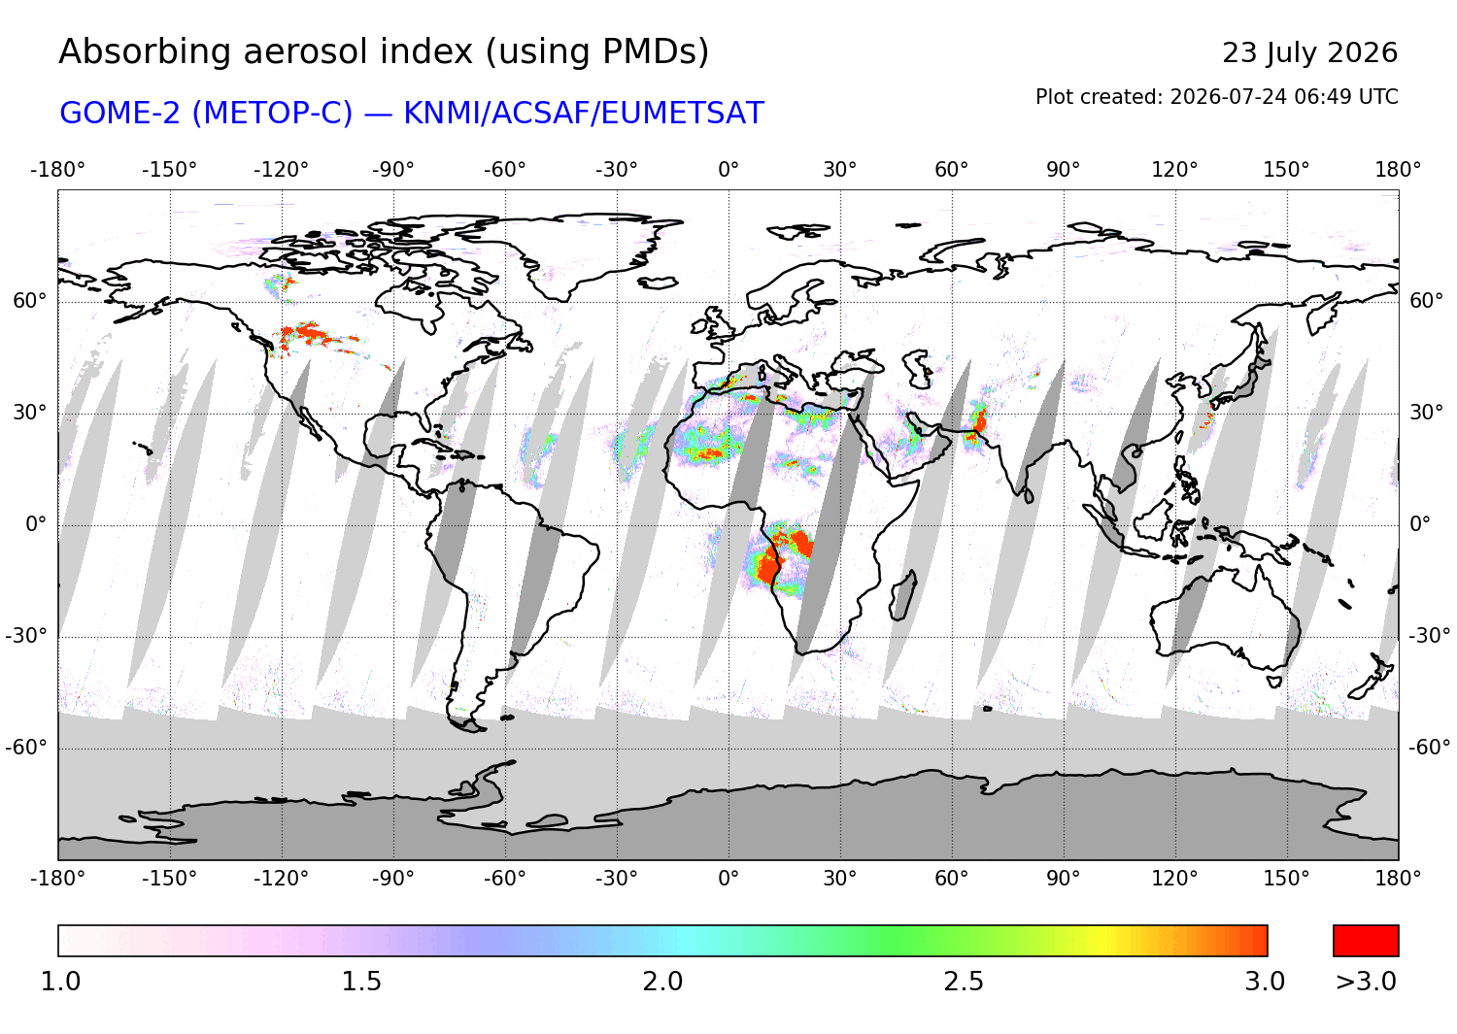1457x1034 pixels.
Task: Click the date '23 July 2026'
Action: pyautogui.click(x=1309, y=53)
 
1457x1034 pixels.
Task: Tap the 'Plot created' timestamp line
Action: pyautogui.click(x=1216, y=97)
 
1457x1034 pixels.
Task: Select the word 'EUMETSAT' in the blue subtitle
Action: pyautogui.click(x=682, y=114)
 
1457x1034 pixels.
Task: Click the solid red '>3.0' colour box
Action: pyautogui.click(x=1366, y=941)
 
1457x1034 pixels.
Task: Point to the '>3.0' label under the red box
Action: pyautogui.click(x=1366, y=981)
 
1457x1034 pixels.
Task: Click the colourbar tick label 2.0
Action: pyautogui.click(x=662, y=981)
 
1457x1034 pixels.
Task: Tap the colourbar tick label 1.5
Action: pyautogui.click(x=361, y=981)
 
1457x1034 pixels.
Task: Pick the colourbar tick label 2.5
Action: pyautogui.click(x=964, y=981)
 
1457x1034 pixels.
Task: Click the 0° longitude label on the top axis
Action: pyautogui.click(x=728, y=170)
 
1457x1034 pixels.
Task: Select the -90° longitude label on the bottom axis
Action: pyautogui.click(x=392, y=879)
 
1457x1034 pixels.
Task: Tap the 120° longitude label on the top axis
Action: pyautogui.click(x=1174, y=170)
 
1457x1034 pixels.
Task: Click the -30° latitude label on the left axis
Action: pyautogui.click(x=26, y=635)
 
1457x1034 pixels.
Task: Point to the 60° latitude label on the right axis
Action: pyautogui.click(x=1427, y=300)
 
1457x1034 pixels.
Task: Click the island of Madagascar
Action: pyautogui.click(x=902, y=595)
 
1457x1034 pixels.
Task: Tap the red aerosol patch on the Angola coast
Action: pyautogui.click(x=770, y=567)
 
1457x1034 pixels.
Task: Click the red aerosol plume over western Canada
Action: pyautogui.click(x=311, y=334)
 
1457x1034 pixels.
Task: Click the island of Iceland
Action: pyautogui.click(x=658, y=283)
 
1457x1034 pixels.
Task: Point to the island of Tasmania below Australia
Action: pyautogui.click(x=1274, y=682)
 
